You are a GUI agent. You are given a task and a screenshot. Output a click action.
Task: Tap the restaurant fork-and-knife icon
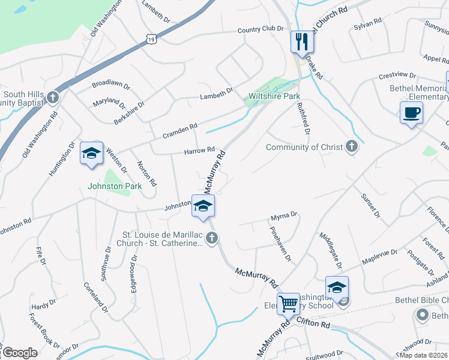click(x=301, y=41)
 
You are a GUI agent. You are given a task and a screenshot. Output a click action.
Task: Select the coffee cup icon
click(x=411, y=112)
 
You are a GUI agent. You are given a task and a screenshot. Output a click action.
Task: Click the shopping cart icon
click(x=288, y=303)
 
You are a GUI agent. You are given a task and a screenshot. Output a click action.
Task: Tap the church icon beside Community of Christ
click(x=352, y=147)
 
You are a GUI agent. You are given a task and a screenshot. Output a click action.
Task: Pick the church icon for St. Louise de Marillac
click(x=211, y=239)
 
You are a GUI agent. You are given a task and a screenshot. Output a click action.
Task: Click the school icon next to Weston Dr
click(x=91, y=153)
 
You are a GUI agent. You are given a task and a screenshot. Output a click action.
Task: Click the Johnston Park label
click(x=115, y=186)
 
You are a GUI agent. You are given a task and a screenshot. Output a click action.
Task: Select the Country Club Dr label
click(x=260, y=29)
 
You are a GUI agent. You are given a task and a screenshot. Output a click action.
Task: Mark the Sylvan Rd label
click(x=368, y=21)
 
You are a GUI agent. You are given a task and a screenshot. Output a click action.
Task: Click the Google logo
click(x=20, y=353)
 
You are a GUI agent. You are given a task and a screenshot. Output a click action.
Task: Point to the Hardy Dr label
click(x=43, y=306)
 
